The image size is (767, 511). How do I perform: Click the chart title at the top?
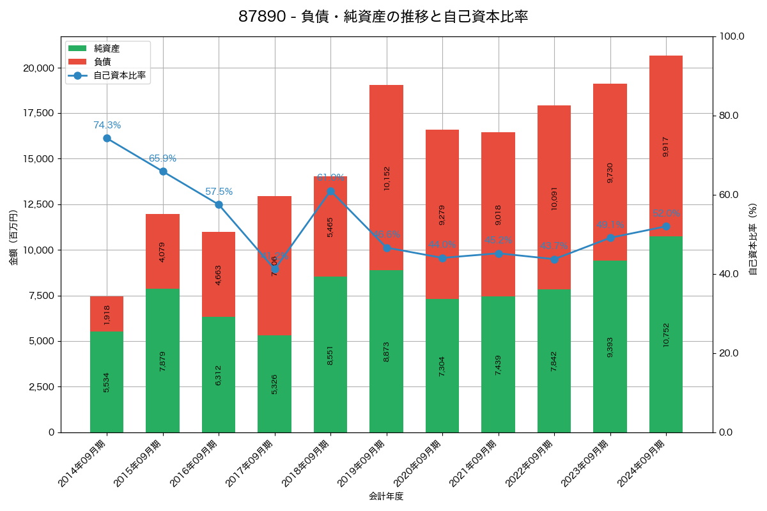tap(383, 17)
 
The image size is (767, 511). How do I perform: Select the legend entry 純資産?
tap(107, 49)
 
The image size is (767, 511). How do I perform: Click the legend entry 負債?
tap(102, 62)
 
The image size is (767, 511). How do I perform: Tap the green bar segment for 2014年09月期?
tap(107, 382)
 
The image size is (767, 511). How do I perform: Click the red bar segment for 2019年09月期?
tap(386, 178)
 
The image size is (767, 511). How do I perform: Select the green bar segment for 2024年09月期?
tap(665, 334)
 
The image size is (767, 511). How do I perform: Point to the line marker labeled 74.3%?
tap(107, 138)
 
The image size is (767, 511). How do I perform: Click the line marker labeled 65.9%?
tap(163, 171)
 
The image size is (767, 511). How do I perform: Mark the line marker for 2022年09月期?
tap(554, 259)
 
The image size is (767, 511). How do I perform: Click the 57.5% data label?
tap(219, 192)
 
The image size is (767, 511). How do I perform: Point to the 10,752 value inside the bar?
tap(665, 334)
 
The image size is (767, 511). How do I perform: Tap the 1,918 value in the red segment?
tap(107, 314)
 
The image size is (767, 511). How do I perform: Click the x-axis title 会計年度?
tap(386, 496)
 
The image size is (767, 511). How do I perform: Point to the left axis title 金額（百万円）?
tap(13, 238)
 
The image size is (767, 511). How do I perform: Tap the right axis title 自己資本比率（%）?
tap(753, 239)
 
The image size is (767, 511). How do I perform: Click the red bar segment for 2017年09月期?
tap(274, 266)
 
